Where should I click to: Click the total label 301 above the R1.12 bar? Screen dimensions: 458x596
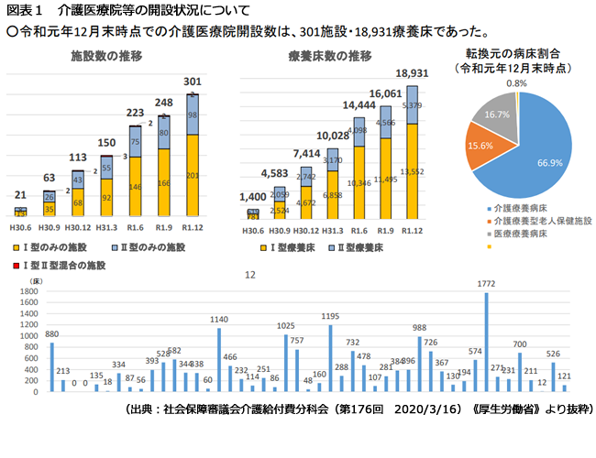click(193, 81)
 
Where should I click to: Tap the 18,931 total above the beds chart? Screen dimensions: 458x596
click(412, 74)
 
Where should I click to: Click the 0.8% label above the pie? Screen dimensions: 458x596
click(516, 83)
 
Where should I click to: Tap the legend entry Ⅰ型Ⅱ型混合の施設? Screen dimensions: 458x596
click(63, 266)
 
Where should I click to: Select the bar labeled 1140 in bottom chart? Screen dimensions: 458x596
click(218, 361)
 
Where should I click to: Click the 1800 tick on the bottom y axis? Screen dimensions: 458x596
click(28, 292)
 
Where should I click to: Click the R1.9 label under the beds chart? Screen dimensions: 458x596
click(385, 229)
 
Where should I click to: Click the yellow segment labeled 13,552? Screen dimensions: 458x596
click(412, 171)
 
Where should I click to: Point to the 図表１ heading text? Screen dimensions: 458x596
click(24, 10)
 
